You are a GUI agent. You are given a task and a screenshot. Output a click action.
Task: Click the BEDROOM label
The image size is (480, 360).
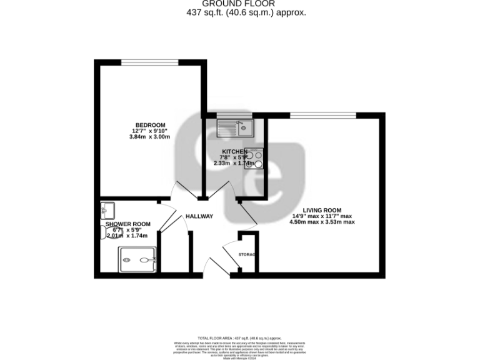149,124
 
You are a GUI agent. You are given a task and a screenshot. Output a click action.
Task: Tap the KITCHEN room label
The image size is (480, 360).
230,151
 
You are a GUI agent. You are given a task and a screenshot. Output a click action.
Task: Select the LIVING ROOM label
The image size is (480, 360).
322,210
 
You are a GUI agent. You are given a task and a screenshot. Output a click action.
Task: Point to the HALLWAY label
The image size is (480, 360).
199,217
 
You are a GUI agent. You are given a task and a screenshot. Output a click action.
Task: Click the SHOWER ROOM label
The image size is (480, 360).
127,224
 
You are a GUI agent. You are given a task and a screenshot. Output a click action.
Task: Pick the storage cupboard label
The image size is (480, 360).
248,255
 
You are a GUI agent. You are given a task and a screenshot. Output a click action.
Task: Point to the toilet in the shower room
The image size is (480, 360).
104,232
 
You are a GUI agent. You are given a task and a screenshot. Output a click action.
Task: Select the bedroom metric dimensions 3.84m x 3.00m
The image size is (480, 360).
149,137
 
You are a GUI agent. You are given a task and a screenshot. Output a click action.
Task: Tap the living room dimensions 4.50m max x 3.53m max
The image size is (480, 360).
322,222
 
